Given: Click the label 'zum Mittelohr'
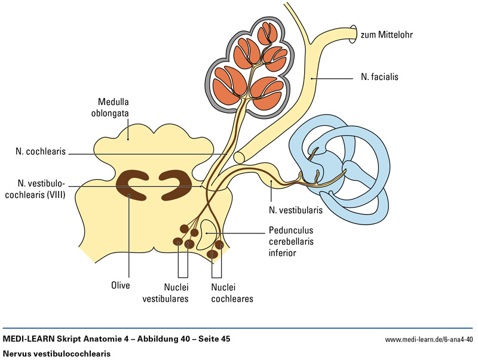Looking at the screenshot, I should pos(387,35).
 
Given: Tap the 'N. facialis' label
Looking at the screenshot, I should pos(379,77).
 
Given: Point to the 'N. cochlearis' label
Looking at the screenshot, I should pos(41,152).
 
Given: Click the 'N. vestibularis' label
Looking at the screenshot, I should pos(295,210).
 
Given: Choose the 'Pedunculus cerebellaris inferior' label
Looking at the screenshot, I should pos(291,241).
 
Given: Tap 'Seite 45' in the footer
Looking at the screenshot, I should pos(212,340).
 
